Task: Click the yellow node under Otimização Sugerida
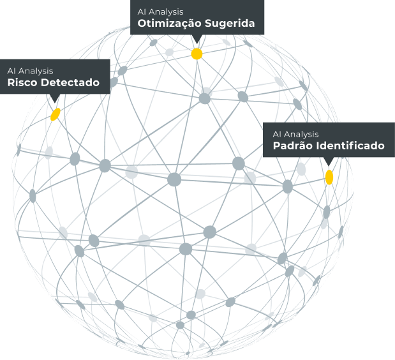click(197, 54)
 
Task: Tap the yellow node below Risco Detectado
click(56, 114)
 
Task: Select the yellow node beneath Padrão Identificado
click(329, 177)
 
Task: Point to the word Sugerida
click(230, 24)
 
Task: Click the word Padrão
click(290, 146)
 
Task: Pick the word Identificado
click(348, 146)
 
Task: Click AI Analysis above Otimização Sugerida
click(161, 11)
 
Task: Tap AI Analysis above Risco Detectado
click(30, 70)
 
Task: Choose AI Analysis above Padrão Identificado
click(295, 134)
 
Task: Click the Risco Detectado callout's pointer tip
click(56, 104)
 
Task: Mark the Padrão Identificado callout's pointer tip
click(328, 167)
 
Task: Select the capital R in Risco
click(11, 83)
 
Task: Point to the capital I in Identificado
click(315, 146)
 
